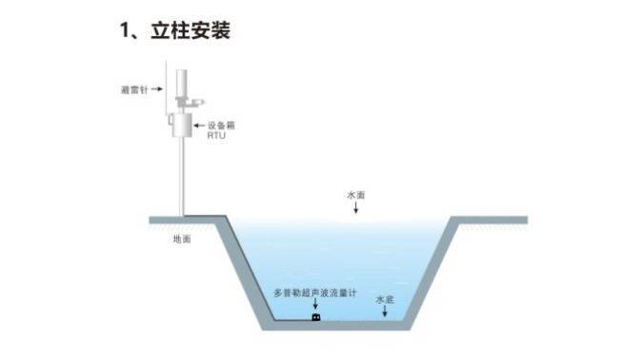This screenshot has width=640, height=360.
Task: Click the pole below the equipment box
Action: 178,181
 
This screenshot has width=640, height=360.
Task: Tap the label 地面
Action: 182,239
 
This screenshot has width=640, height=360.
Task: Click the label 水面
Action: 356,194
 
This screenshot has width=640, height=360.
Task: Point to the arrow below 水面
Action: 356,209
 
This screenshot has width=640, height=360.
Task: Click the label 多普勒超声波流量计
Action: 317,291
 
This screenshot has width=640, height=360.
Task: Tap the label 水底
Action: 384,299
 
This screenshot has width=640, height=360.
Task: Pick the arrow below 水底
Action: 384,313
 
